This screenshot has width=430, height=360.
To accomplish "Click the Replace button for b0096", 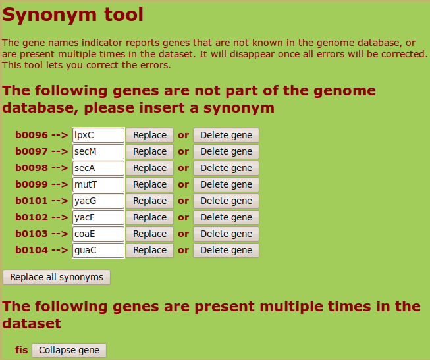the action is tap(149, 135).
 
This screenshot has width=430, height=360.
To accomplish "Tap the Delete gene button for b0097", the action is tap(227, 151).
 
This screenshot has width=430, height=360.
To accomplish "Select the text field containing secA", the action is tap(99, 168).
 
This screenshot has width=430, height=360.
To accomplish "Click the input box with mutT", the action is tap(99, 184).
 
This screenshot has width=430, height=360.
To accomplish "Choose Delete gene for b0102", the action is tap(227, 217).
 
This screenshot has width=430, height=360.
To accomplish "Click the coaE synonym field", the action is tap(99, 234).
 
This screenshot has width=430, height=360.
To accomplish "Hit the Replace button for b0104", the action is tap(149, 250).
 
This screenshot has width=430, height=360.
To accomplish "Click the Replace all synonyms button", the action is tap(57, 278).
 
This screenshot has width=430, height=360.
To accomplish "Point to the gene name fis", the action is tap(21, 350).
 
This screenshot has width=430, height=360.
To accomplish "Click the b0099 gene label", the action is tap(32, 184).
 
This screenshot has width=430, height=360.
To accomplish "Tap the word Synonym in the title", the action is tap(49, 15).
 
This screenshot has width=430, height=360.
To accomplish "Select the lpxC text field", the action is tap(99, 135).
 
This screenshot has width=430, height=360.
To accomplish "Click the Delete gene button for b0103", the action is tap(227, 234).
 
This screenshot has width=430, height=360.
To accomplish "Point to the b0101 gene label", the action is tap(32, 201).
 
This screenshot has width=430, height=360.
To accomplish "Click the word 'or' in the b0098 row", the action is tap(183, 168).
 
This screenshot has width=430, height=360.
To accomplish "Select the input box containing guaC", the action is tap(99, 250).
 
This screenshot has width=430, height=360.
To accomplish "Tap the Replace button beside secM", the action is tap(149, 151).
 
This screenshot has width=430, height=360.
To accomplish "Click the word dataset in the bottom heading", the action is tap(32, 324).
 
